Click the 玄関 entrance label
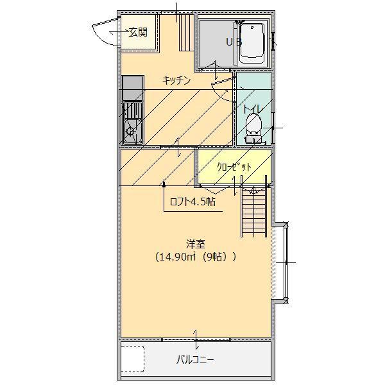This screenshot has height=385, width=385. pos(138,32)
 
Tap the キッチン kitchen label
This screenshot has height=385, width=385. pos(176,80)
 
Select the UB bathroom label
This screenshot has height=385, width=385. pos(233,42)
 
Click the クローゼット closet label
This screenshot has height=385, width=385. pos(234,167)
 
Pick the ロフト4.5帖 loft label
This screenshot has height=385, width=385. pos(192,201)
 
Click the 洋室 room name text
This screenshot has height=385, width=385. pos(196,244)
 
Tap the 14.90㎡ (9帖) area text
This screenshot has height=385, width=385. pos(196,257)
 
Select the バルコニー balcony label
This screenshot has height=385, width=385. pos(196,360)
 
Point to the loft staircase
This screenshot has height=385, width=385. pos(252,215)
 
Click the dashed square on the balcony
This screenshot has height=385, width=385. pos(133,359)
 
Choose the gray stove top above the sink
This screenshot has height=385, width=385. pos(133,87)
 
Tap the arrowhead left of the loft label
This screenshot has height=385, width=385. pos(164,184)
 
